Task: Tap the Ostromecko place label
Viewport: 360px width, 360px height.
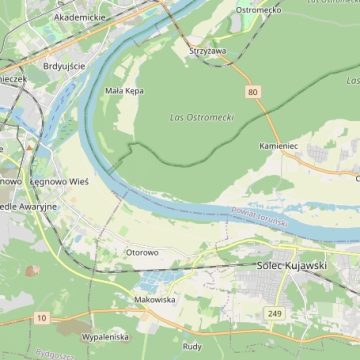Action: pos(258,10)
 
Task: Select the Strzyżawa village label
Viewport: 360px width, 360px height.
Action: pos(207,49)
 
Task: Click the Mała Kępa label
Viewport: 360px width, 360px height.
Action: pos(125,90)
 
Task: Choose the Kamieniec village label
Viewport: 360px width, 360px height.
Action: pos(279,145)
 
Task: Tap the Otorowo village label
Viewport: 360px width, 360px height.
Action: pos(141,252)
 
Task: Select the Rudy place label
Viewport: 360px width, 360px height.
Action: pos(192,346)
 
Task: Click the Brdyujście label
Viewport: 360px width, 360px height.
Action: pos(65,65)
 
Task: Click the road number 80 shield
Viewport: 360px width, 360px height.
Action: pos(253,92)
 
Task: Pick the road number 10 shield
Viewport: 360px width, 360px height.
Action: pos(41,317)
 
